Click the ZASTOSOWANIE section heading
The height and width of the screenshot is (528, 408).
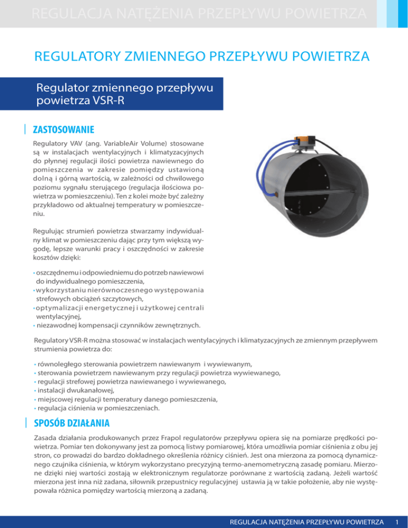click(63, 129)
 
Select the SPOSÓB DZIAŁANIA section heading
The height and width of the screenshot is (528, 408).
click(71, 423)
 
